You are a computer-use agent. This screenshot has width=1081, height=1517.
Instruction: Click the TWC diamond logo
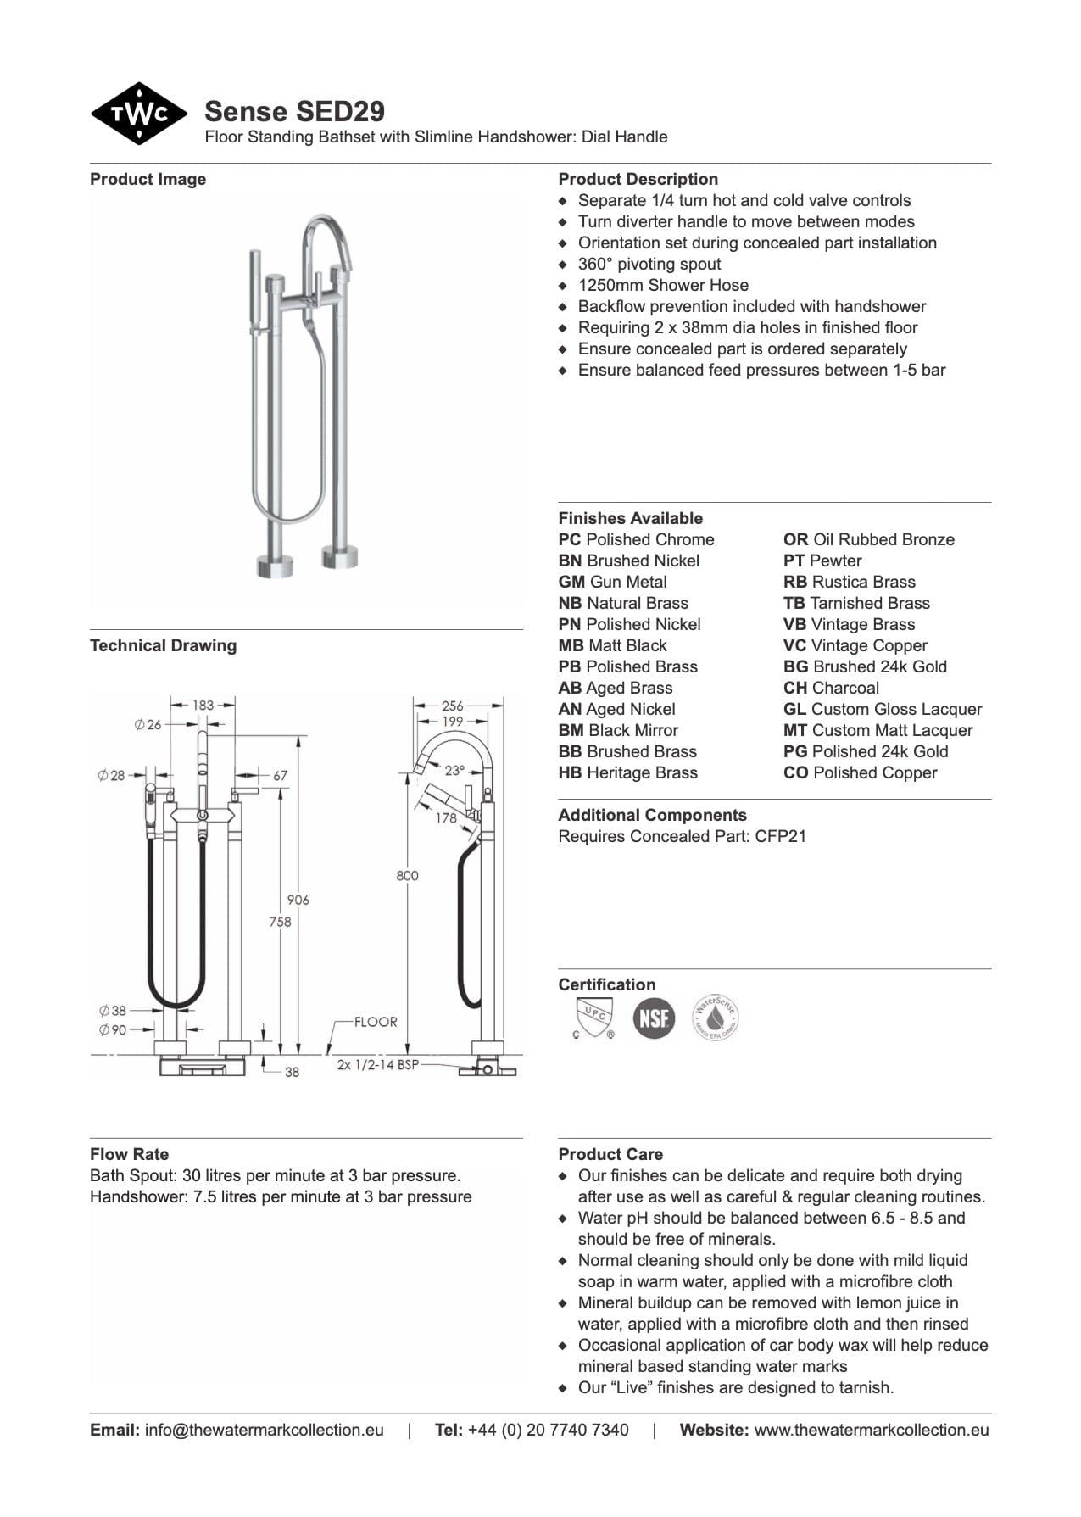tap(138, 114)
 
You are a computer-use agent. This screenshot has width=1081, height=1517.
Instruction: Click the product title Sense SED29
tap(294, 111)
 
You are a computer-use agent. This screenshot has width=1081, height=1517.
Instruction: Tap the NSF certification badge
tap(653, 1018)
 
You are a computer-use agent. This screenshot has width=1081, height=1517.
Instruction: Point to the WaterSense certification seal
tap(715, 1018)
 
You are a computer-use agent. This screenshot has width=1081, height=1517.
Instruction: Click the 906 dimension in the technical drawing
tap(298, 900)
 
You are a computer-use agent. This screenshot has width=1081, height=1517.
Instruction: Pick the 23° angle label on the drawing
tap(454, 771)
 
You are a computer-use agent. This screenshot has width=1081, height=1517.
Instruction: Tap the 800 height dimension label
tap(407, 875)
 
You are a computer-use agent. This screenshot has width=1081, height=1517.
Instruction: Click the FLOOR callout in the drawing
tap(375, 1022)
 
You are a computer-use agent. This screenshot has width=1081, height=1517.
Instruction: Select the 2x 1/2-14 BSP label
tap(377, 1065)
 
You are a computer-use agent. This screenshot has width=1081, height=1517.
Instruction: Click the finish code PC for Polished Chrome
tap(569, 540)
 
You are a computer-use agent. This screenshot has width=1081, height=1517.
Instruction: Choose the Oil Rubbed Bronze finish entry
tap(868, 540)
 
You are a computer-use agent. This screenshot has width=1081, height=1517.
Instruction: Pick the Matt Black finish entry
tap(612, 646)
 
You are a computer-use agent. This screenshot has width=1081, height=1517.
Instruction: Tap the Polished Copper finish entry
tap(860, 773)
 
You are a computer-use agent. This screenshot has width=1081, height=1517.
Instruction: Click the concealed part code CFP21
tap(780, 837)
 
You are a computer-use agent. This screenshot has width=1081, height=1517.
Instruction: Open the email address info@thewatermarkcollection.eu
tap(264, 1430)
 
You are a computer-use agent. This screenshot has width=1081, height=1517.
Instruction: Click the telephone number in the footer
tap(548, 1430)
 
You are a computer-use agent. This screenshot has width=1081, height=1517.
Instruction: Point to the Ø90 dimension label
tap(112, 1029)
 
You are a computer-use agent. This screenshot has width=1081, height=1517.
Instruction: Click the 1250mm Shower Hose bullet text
tap(663, 286)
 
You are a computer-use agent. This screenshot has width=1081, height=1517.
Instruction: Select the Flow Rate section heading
tap(129, 1154)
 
